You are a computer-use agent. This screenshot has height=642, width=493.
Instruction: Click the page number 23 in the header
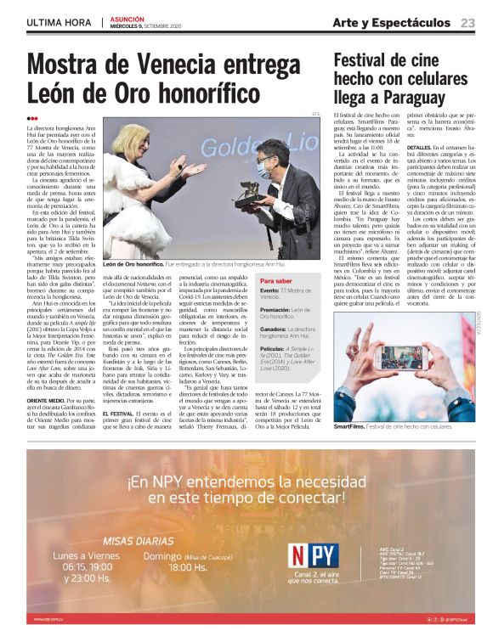tap(468, 22)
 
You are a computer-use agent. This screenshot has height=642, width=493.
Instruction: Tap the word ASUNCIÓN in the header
tap(125, 19)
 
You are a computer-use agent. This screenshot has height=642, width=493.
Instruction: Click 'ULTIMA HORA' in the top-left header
tap(59, 22)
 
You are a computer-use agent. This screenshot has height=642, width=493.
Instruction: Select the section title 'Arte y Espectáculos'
tap(392, 22)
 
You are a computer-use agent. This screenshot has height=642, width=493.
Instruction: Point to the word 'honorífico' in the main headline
tap(187, 91)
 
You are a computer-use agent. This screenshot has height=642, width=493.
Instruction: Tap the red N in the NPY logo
tap(300, 555)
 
